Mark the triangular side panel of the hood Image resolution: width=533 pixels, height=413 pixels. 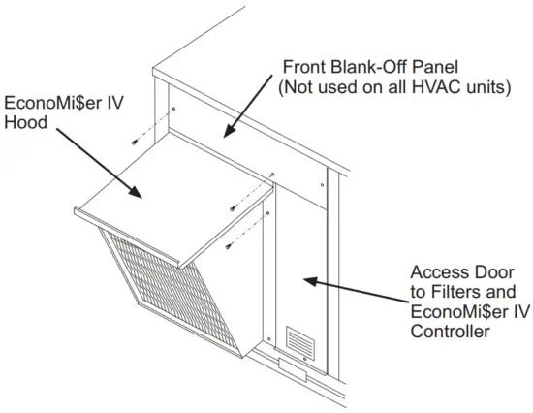point(242,281)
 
